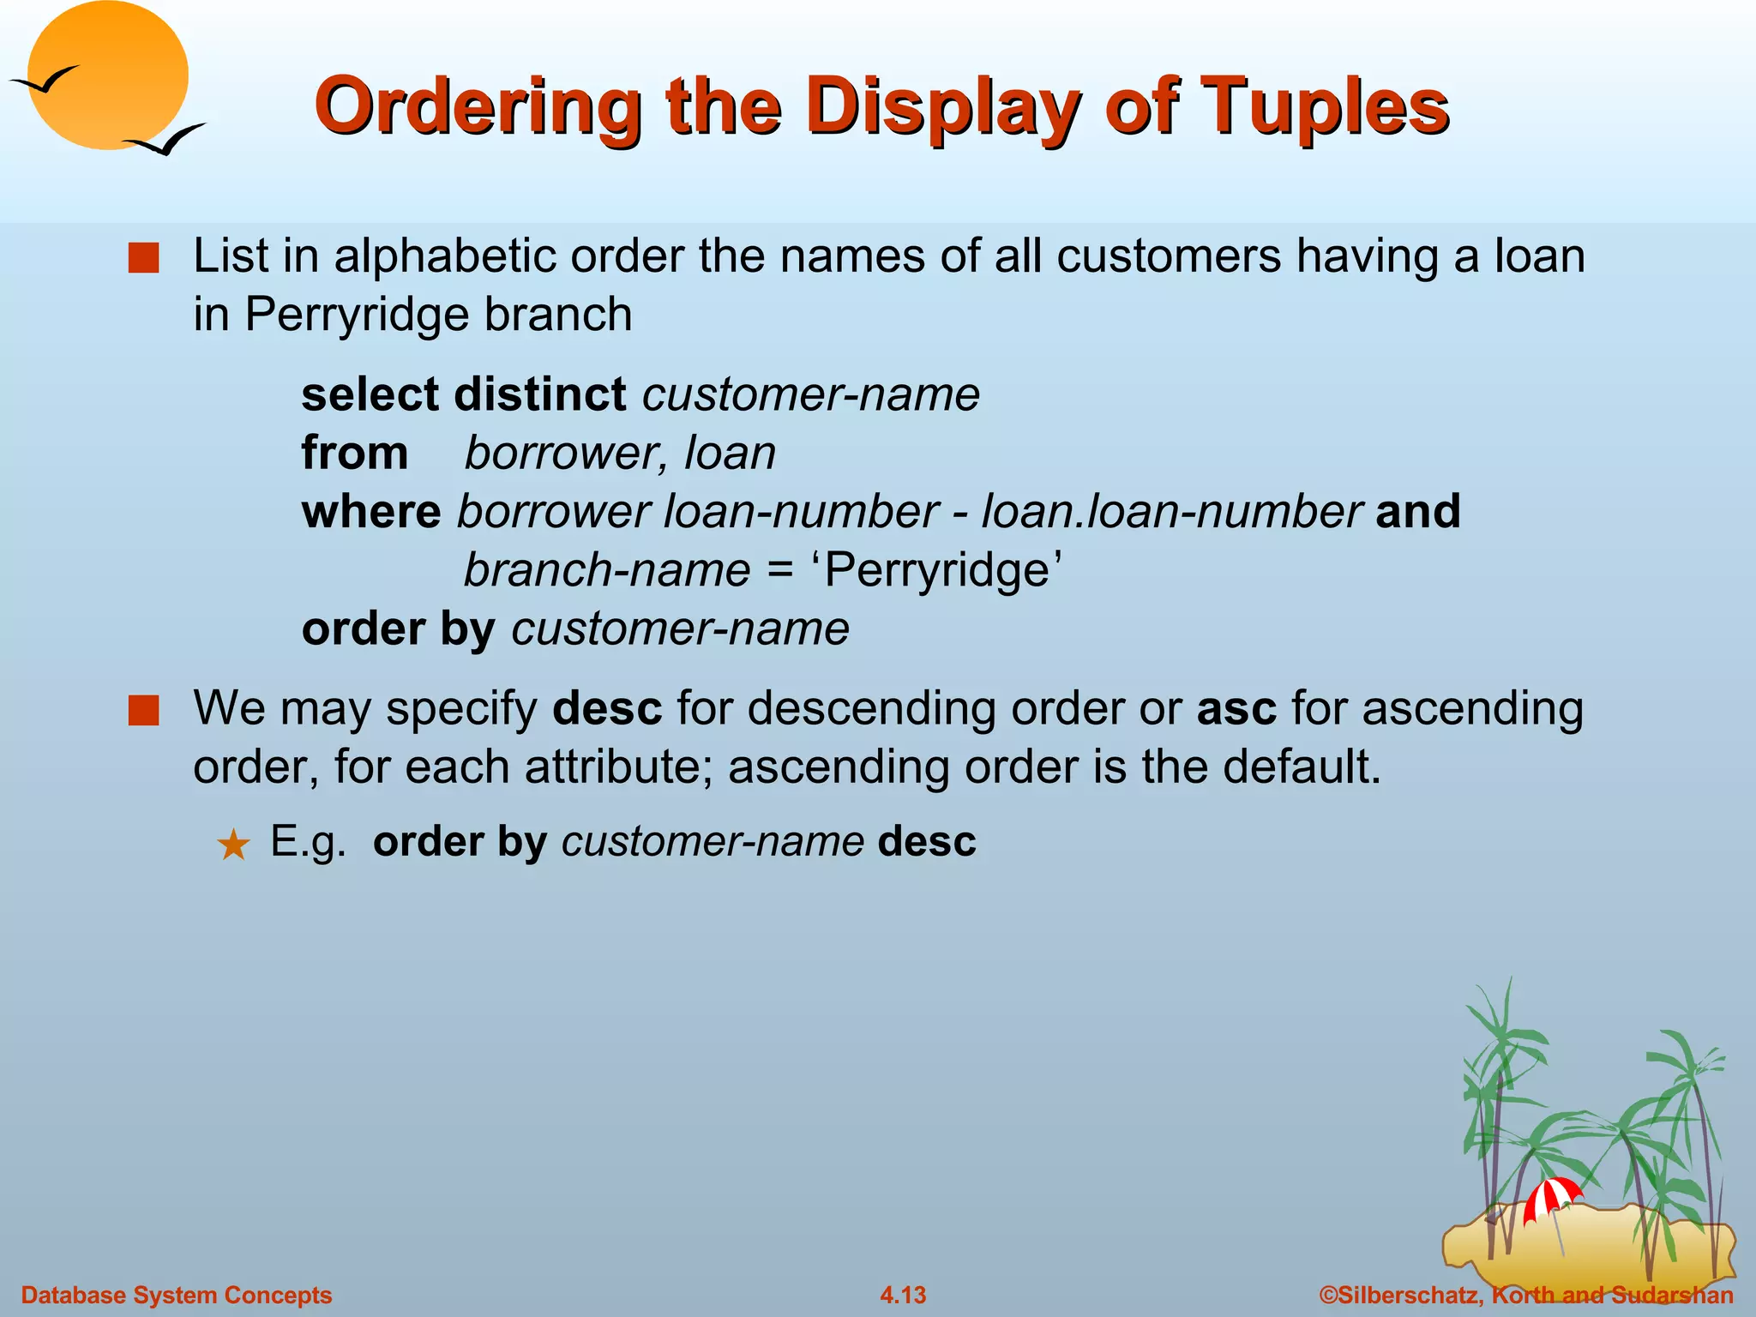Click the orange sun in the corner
point(108,75)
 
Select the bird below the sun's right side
point(165,141)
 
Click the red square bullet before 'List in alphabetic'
point(143,257)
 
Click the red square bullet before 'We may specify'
point(143,710)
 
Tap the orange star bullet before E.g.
point(233,845)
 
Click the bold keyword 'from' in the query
point(354,453)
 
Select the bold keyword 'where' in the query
point(370,511)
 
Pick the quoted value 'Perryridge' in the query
point(936,570)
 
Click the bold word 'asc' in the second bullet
point(1236,709)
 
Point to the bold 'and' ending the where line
point(1417,511)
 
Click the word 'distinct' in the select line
point(539,394)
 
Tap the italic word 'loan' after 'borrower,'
point(730,453)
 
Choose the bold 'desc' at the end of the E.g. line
point(927,841)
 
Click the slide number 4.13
point(903,1295)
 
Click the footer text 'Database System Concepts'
point(177,1295)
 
